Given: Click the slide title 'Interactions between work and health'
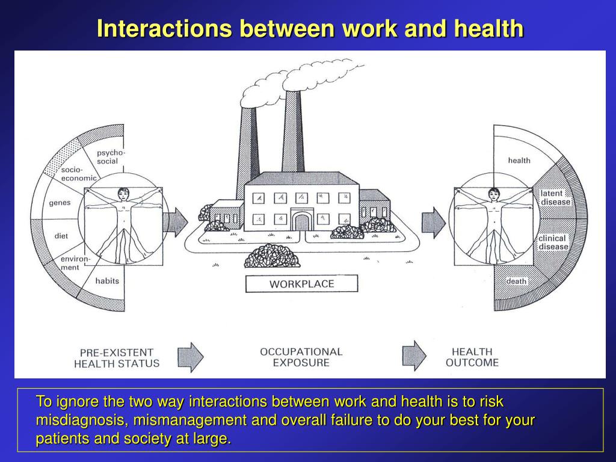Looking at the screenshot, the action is pyautogui.click(x=310, y=28).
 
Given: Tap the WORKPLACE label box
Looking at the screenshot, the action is pyautogui.click(x=301, y=283).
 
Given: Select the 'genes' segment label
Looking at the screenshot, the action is pyautogui.click(x=60, y=203).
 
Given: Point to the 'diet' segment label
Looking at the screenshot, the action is pyautogui.click(x=61, y=236).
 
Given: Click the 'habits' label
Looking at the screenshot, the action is pyautogui.click(x=107, y=280).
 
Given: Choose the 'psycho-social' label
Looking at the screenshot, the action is pyautogui.click(x=111, y=156).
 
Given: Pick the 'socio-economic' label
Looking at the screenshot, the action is pyautogui.click(x=78, y=174).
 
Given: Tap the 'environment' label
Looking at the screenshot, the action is pyautogui.click(x=74, y=263).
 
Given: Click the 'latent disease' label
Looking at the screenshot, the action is pyautogui.click(x=555, y=197).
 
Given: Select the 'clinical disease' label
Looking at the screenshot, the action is pyautogui.click(x=553, y=242).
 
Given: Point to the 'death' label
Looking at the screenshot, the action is pyautogui.click(x=516, y=281).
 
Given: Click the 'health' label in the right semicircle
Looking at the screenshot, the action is pyautogui.click(x=519, y=160).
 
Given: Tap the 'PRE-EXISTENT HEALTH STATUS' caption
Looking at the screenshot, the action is pyautogui.click(x=117, y=357).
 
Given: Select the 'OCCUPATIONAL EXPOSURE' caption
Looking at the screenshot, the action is pyautogui.click(x=301, y=357).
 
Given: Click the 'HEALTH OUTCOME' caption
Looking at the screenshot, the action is pyautogui.click(x=472, y=357).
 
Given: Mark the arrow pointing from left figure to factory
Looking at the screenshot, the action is pyautogui.click(x=176, y=222).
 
